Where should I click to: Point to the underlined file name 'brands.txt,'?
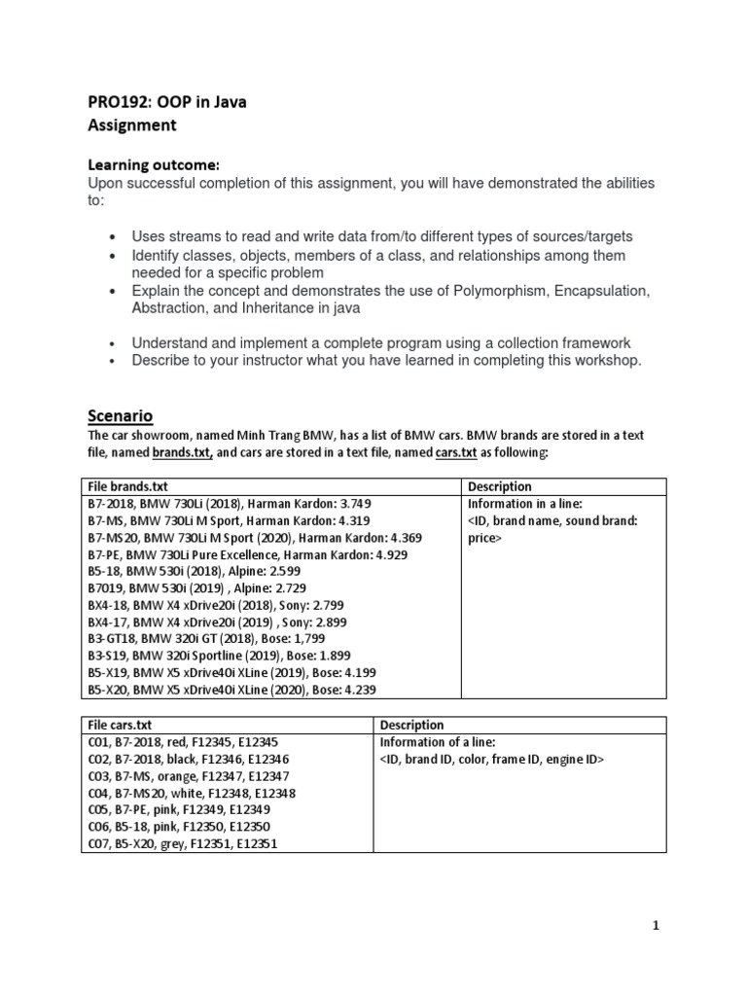183,452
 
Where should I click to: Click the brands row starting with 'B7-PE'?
247,554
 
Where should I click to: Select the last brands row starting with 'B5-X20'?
228,690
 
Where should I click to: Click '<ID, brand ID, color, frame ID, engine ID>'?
492,759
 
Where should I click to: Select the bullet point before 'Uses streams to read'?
115,236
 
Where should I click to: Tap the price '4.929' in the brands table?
388,554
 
